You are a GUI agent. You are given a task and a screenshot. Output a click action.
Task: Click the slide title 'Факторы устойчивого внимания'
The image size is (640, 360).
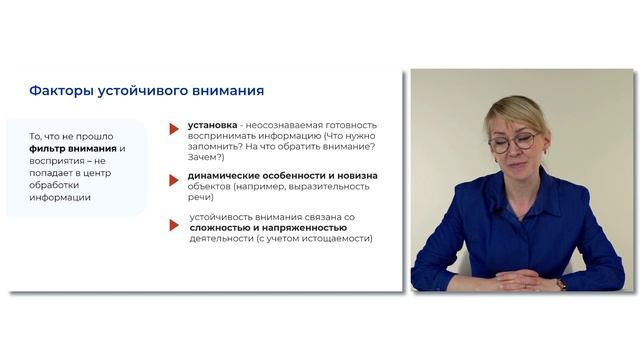146,91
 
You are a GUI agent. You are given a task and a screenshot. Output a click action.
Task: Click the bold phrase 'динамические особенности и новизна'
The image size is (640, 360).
279,176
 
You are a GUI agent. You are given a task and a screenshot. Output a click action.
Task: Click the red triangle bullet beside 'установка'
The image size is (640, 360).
176,128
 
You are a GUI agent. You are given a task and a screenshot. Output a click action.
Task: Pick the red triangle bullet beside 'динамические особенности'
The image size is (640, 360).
176,178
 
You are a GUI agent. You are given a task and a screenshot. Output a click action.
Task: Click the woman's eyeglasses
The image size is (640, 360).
511,141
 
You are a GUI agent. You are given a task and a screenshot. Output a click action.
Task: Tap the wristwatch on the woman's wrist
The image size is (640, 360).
561,284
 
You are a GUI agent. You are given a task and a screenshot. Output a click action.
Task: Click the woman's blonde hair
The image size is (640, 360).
514,109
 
